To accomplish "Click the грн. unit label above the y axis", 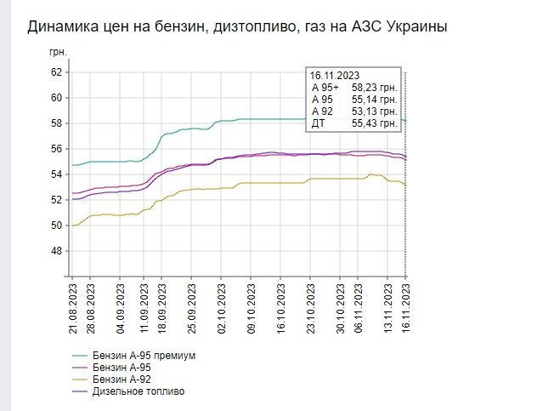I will click(58, 53).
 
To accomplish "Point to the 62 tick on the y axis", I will click(57, 72).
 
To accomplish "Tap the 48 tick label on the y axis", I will click(57, 251).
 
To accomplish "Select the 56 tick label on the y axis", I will click(57, 149).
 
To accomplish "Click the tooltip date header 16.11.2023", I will click(335, 76).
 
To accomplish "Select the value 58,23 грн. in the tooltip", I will click(374, 88).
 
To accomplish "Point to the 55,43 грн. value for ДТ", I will click(374, 123).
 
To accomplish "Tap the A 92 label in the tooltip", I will click(322, 111).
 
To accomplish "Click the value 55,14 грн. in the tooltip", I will click(374, 100).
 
